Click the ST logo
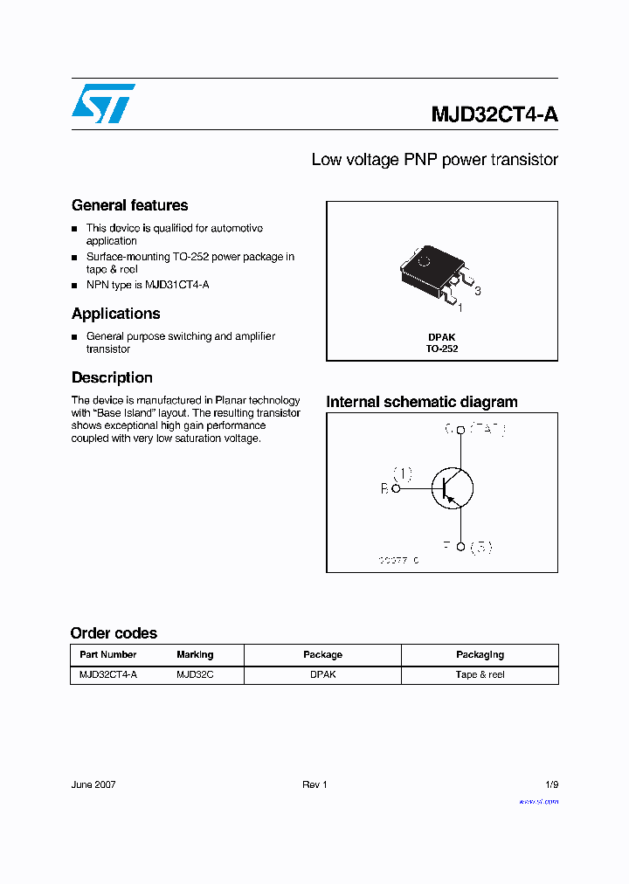pos(103,103)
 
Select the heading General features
pos(129,205)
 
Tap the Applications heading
pos(115,314)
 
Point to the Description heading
pos(112,377)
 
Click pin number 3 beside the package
pos(478,291)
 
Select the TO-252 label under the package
pos(442,349)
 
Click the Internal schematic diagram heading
pos(422,402)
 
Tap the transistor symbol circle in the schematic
pos(452,488)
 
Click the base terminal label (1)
pos(402,473)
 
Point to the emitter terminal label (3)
pos(481,548)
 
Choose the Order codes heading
pos(114,633)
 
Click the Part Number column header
pos(108,654)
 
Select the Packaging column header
pos(480,654)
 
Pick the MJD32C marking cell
pos(195,674)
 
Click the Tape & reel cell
pos(480,674)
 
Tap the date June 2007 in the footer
pos(93,784)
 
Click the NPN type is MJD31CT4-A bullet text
pos(148,285)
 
